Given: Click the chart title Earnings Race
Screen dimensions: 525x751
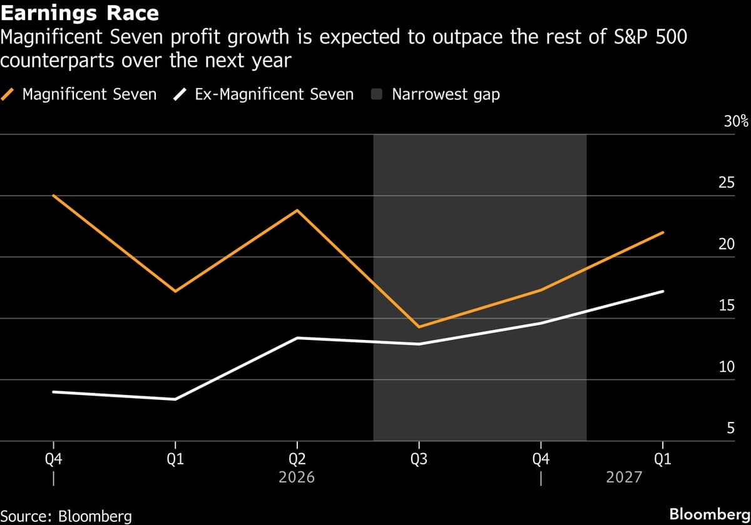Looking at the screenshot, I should point(79,12).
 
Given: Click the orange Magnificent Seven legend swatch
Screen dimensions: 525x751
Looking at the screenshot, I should point(9,95).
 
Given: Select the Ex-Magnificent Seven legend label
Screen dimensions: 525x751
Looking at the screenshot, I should point(274,95).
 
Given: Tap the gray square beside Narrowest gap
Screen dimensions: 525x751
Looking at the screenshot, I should point(377,95).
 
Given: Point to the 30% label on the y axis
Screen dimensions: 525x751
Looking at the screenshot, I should point(736,121).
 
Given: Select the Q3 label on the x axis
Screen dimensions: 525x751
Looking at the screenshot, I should point(419,460).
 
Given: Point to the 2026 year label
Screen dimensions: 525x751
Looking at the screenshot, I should point(297,477).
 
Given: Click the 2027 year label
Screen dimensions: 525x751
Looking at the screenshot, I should point(625,477).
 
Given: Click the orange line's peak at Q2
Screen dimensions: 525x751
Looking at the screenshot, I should point(297,210).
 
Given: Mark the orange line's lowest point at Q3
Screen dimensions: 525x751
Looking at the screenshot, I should point(419,327).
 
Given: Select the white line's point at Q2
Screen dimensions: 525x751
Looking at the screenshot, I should point(297,338).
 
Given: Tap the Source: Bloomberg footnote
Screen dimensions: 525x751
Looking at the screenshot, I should point(66,516).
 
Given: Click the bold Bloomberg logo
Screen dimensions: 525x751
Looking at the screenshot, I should point(709,514).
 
